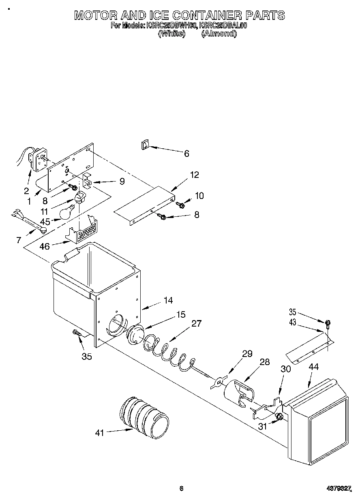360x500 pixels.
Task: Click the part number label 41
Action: coord(99,433)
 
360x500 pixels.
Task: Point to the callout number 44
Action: coord(313,367)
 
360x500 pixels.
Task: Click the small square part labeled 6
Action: coord(145,145)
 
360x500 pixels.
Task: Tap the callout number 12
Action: coord(195,175)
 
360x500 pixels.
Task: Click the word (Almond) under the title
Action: coord(219,34)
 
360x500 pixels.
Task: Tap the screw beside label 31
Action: coord(278,417)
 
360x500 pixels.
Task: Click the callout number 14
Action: coord(168,300)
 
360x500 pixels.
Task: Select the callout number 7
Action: coord(19,240)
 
